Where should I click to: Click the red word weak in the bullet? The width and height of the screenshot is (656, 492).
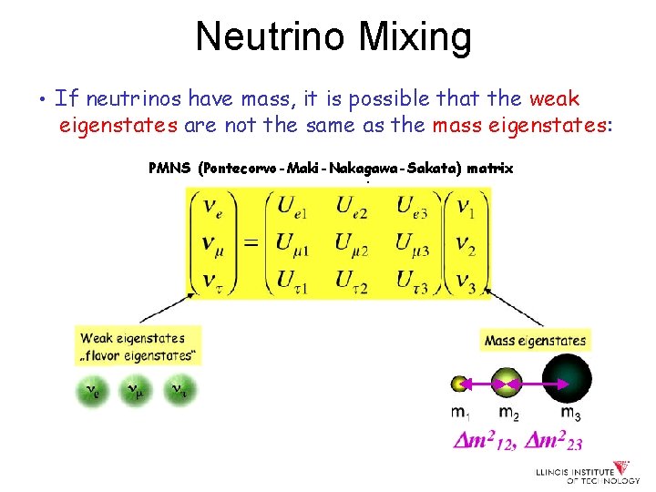[554, 98]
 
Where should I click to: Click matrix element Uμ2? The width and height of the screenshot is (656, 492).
[356, 243]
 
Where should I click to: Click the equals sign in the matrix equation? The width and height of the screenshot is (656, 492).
[250, 243]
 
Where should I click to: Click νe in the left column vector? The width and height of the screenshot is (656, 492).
[210, 209]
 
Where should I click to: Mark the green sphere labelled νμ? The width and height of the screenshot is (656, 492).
[134, 391]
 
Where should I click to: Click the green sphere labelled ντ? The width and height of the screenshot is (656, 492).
[178, 391]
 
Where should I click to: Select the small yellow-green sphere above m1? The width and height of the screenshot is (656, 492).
[460, 384]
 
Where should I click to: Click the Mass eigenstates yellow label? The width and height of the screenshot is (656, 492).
[536, 341]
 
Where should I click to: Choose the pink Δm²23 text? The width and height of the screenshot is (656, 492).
[549, 443]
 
